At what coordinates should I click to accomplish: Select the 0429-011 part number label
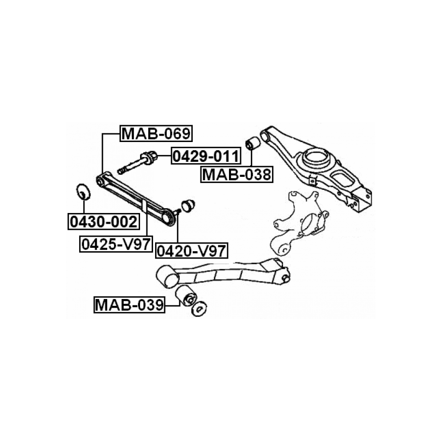pos(206,156)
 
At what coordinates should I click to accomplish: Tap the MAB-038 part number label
pos(237,174)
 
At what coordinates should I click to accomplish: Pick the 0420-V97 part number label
pos(192,250)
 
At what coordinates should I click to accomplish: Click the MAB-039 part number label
pos(129,305)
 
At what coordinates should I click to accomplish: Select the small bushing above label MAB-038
pos(252,143)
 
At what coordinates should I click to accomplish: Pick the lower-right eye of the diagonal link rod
pos(168,218)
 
